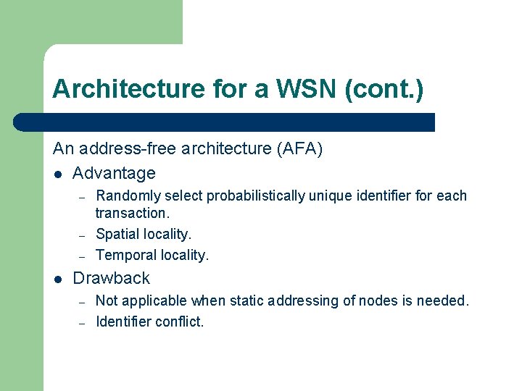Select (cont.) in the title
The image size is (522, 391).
pos(384,89)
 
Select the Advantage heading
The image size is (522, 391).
pos(114,173)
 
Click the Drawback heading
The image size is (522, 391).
pos(112,278)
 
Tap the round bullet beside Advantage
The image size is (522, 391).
pos(57,174)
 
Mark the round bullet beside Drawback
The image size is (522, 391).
pos(57,279)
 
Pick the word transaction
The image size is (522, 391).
pos(132,213)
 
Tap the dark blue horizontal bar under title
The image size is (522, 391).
pos(225,122)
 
